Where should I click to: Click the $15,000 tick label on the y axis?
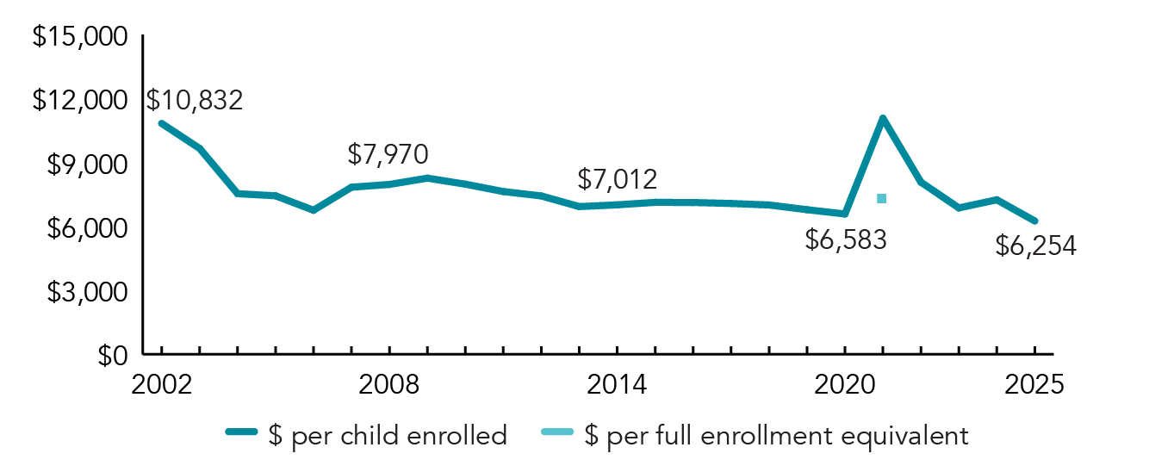[x=80, y=38]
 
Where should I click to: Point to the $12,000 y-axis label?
[x=80, y=101]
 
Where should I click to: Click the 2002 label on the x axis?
[x=161, y=384]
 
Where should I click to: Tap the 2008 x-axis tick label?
[x=389, y=384]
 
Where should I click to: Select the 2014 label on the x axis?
[x=617, y=384]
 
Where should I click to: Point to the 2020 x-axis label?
[x=845, y=384]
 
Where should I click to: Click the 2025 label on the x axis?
[x=1034, y=384]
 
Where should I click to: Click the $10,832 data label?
[x=195, y=100]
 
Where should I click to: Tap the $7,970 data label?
[x=388, y=154]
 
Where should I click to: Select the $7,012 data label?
[x=617, y=179]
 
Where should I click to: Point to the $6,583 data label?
[x=846, y=240]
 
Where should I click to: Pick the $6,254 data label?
[x=1036, y=246]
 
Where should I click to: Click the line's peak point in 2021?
[x=883, y=118]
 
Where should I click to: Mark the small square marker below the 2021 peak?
[x=881, y=198]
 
